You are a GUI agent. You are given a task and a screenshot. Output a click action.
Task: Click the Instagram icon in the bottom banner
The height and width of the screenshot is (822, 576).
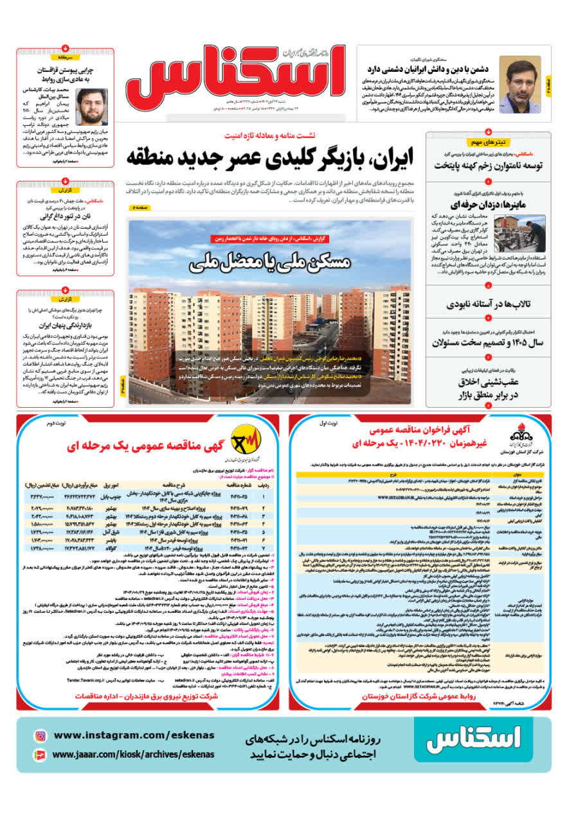pyautogui.click(x=40, y=736)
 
